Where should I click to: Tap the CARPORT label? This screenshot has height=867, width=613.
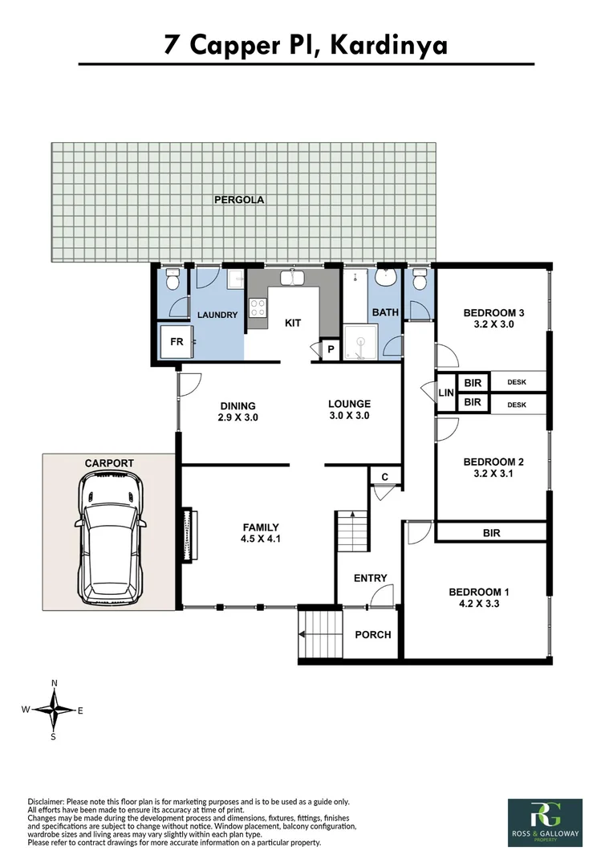pyautogui.click(x=109, y=463)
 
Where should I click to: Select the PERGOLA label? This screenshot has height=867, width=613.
pyautogui.click(x=239, y=200)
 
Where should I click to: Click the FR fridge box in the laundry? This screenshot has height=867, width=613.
pyautogui.click(x=175, y=342)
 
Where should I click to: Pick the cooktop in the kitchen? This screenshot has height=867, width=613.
pyautogui.click(x=258, y=308)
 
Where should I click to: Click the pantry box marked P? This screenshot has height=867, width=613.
pyautogui.click(x=331, y=349)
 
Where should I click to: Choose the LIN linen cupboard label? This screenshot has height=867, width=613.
pyautogui.click(x=446, y=393)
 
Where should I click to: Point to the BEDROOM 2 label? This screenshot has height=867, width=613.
pyautogui.click(x=493, y=462)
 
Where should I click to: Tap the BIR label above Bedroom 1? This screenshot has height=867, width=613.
pyautogui.click(x=492, y=532)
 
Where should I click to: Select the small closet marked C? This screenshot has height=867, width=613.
pyautogui.click(x=384, y=477)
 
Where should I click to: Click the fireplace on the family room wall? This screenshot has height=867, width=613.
pyautogui.click(x=189, y=534)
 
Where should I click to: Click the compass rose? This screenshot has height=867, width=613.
pyautogui.click(x=54, y=710)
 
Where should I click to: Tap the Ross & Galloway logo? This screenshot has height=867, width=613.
pyautogui.click(x=545, y=822)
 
